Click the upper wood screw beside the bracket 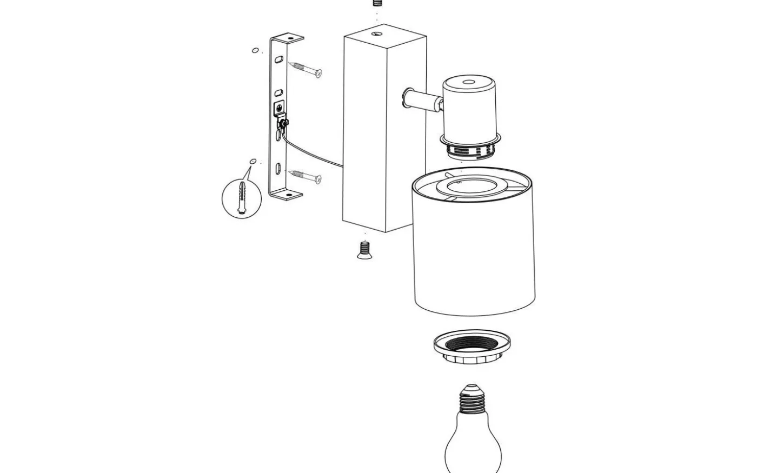point(306,69)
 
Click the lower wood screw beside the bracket point(306,176)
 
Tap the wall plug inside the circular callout point(242,198)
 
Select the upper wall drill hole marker point(255,50)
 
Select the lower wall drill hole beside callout point(253,161)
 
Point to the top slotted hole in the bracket point(279,58)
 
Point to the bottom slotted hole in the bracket point(278,168)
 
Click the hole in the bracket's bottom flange point(289,195)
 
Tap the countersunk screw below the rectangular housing point(364,251)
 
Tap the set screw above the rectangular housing point(377,3)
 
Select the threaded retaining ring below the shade point(472,346)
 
